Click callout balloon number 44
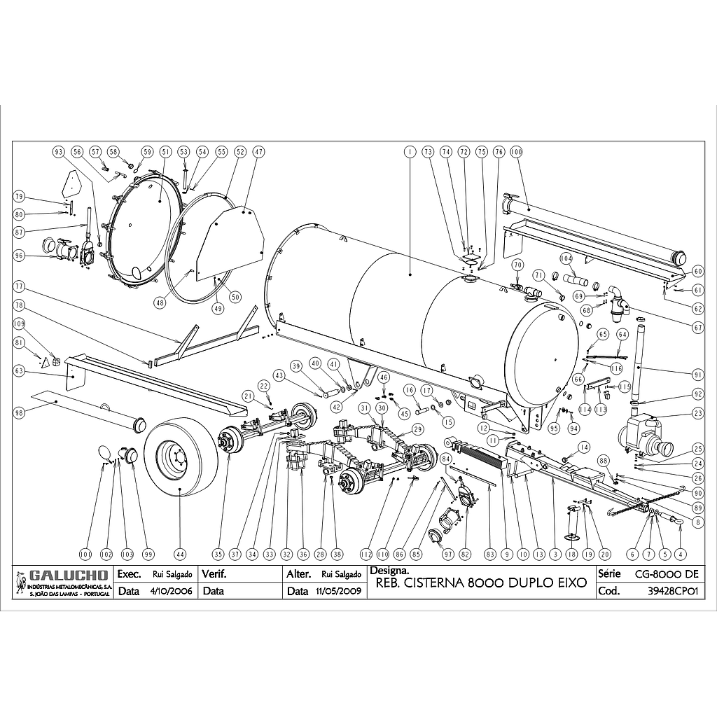[181, 554]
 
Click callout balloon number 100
[517, 151]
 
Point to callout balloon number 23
[698, 413]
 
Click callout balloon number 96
[20, 256]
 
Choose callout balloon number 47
[258, 151]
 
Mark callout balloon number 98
[20, 413]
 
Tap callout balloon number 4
[678, 554]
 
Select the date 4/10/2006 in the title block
[172, 590]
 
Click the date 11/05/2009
[339, 590]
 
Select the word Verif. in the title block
[213, 573]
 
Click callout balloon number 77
[20, 286]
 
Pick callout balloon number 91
[698, 373]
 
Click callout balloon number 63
[20, 370]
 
